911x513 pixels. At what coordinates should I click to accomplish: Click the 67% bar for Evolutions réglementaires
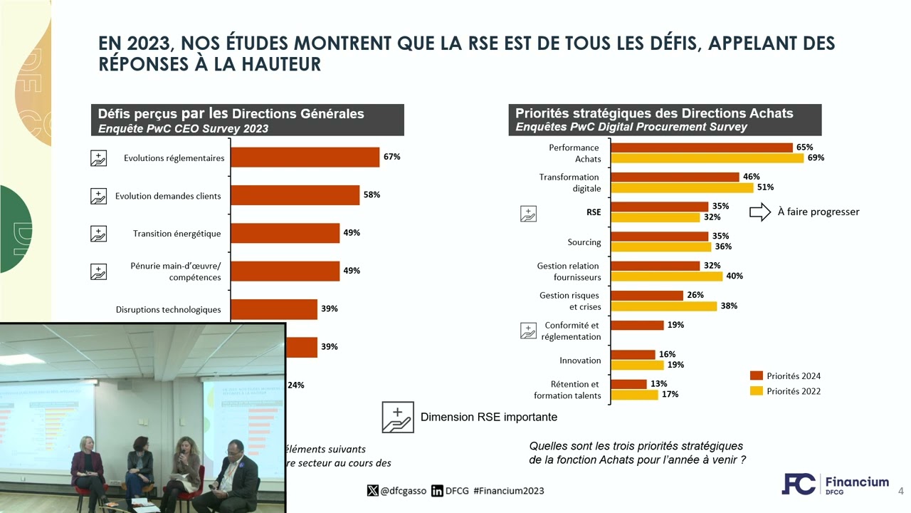(305, 157)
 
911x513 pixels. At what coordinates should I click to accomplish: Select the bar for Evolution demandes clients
(295, 195)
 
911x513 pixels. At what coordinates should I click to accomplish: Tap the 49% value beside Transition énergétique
(352, 233)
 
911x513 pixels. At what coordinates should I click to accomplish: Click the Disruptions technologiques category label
(168, 309)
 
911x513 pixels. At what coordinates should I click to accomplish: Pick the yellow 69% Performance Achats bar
(707, 158)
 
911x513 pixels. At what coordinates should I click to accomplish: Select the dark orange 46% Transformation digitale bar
(675, 177)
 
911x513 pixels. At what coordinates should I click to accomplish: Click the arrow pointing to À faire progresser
(760, 212)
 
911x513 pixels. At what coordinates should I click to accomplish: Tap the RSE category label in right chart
(593, 212)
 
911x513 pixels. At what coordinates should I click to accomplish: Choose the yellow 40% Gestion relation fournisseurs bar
(667, 276)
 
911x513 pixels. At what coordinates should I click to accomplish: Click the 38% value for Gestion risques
(728, 306)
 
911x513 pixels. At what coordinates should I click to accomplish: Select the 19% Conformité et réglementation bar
(638, 326)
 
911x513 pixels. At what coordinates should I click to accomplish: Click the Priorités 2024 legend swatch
(756, 376)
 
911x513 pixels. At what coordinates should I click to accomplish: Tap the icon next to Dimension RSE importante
(397, 417)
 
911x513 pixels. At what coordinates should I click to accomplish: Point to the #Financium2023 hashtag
(508, 491)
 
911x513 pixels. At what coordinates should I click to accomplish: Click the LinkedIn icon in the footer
(438, 491)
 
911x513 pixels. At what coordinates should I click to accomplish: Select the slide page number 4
(900, 491)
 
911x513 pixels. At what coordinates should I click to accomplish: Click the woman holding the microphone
(189, 467)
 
